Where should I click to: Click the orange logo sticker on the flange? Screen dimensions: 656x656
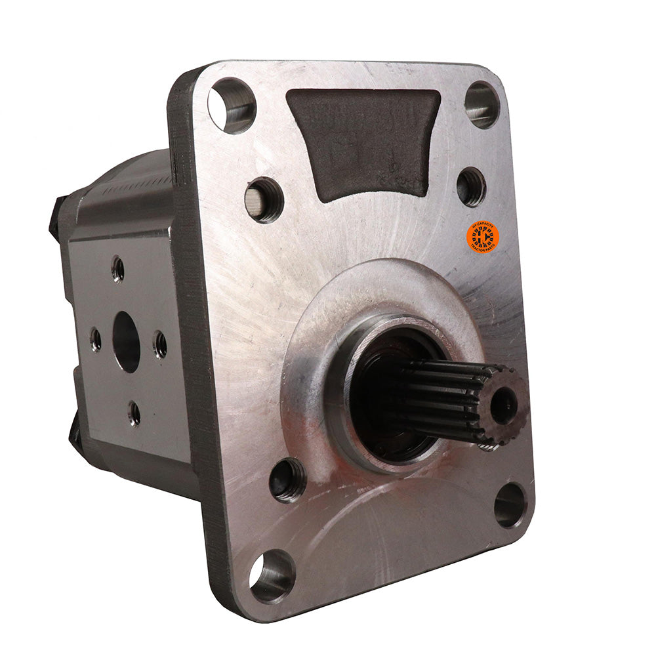(x=483, y=237)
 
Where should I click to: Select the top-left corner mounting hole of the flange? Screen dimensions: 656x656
(x=232, y=105)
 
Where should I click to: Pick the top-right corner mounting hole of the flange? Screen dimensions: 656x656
(x=482, y=104)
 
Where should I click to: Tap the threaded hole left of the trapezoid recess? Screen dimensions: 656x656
(x=264, y=199)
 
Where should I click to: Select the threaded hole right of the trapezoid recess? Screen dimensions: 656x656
(x=471, y=186)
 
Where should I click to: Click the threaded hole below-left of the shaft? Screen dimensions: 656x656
(x=287, y=479)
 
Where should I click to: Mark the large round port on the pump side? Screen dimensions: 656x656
(x=127, y=341)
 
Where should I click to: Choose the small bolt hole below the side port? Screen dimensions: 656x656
(x=134, y=413)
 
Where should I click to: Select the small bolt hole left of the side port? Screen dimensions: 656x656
(x=96, y=339)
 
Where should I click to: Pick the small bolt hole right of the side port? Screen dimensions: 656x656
(x=159, y=344)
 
